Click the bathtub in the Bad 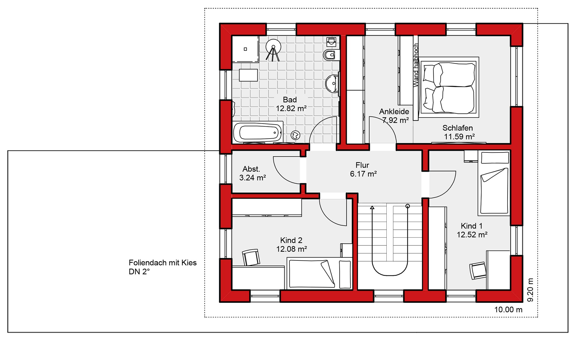pos(258,132)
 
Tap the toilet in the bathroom pos(331,55)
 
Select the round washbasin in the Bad pos(332,83)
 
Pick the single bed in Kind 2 pos(319,273)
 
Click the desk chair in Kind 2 pos(251,257)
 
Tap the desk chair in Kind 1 pos(478,271)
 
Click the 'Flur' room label pos(362,165)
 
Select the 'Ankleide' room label pos(394,112)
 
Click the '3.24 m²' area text pos(252,178)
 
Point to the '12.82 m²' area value pos(291,108)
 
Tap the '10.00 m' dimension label pos(508,310)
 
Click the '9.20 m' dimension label pos(530,290)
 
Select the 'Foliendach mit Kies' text pos(163,263)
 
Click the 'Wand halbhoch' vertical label pos(416,65)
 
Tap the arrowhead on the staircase pos(372,207)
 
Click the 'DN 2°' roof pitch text pos(139,271)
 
